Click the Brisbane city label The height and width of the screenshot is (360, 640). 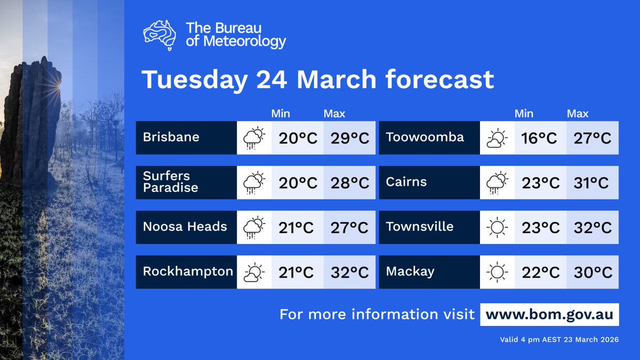pyautogui.click(x=171, y=138)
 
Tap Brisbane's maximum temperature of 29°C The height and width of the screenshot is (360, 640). pyautogui.click(x=349, y=138)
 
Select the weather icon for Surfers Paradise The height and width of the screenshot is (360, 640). pyautogui.click(x=254, y=183)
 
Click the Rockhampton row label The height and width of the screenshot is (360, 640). pyautogui.click(x=188, y=271)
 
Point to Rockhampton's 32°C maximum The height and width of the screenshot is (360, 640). pyautogui.click(x=349, y=273)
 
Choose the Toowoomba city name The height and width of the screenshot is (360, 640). pyautogui.click(x=425, y=138)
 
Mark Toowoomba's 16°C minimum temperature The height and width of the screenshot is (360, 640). pyautogui.click(x=539, y=138)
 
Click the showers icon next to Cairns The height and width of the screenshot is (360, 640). pyautogui.click(x=497, y=183)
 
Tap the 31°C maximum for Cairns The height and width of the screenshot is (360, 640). pyautogui.click(x=592, y=183)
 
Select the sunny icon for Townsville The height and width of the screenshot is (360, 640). pyautogui.click(x=497, y=228)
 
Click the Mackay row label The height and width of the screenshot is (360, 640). pyautogui.click(x=410, y=271)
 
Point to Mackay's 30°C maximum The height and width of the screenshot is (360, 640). pyautogui.click(x=592, y=273)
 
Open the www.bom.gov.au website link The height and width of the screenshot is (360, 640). pyautogui.click(x=549, y=314)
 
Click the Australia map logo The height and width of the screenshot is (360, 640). pyautogui.click(x=160, y=35)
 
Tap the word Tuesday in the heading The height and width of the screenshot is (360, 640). pyautogui.click(x=194, y=80)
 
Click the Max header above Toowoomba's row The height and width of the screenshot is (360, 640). pyautogui.click(x=578, y=114)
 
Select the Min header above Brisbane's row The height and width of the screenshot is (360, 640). pyautogui.click(x=281, y=114)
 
